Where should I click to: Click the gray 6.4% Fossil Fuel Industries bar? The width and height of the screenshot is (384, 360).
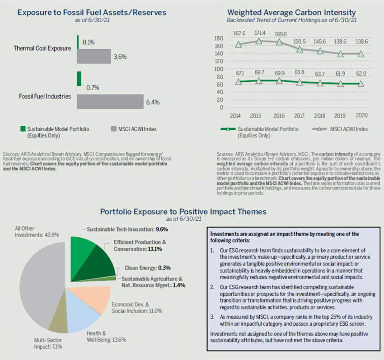click(x=110, y=102)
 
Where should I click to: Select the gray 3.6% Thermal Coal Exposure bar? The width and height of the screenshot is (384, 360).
click(x=94, y=57)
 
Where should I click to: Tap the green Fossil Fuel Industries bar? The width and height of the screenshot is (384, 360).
click(x=79, y=79)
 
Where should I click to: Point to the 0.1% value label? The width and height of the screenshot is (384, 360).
click(x=88, y=43)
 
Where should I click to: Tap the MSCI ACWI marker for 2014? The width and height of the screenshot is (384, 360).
click(x=239, y=44)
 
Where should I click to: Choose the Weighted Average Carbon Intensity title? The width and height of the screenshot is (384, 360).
click(x=291, y=12)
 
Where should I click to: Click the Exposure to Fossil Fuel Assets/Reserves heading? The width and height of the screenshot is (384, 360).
click(x=92, y=12)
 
